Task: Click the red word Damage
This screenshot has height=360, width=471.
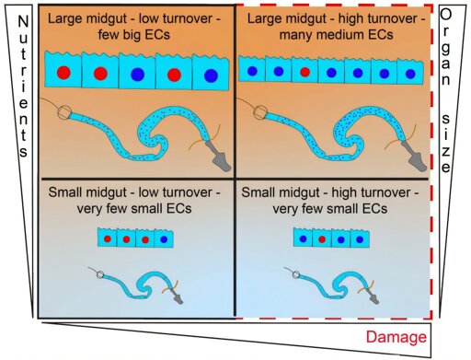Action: click(396, 337)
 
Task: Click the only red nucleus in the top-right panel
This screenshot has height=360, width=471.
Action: click(304, 72)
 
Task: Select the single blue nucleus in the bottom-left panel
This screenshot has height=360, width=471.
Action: click(164, 239)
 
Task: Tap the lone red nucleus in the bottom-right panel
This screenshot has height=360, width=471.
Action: click(322, 239)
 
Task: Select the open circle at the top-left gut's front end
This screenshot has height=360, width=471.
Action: click(64, 112)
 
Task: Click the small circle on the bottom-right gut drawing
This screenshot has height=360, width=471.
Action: click(296, 274)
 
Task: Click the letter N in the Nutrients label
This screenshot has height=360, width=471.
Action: click(23, 22)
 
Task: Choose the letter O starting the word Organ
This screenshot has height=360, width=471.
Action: click(446, 15)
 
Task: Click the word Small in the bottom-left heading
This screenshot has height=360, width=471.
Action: click(65, 192)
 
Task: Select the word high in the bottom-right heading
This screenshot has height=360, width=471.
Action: click(344, 192)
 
